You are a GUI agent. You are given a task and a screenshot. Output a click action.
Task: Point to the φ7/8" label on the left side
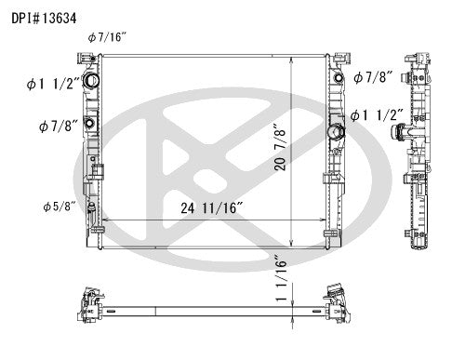(x=56, y=125)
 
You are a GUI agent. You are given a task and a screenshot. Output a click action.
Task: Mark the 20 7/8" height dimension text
(x=303, y=150)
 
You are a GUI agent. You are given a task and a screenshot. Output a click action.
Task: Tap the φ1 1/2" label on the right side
(x=377, y=115)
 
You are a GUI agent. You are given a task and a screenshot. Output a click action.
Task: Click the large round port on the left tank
(x=92, y=83)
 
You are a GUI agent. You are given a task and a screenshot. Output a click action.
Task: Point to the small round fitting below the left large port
(x=91, y=124)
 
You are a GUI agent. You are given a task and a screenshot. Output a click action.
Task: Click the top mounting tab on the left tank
(x=90, y=58)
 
